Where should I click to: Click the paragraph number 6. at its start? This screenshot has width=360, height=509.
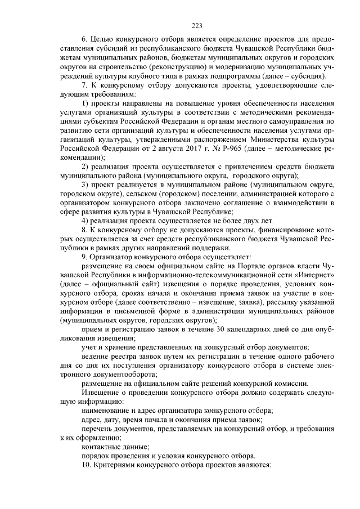[85, 40]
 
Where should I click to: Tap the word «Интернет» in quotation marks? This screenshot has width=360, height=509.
[317, 274]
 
